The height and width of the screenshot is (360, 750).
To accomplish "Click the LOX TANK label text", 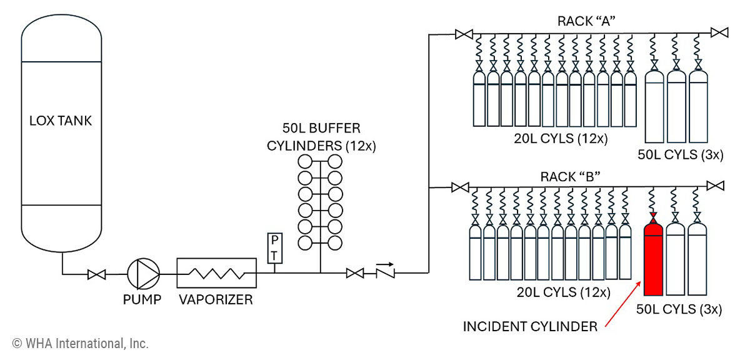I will pyautogui.click(x=61, y=121).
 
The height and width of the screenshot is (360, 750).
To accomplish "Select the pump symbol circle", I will pyautogui.click(x=143, y=273).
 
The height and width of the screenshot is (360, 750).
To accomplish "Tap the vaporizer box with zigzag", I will pyautogui.click(x=216, y=273).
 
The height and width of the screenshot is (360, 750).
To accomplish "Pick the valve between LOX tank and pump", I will pyautogui.click(x=97, y=274).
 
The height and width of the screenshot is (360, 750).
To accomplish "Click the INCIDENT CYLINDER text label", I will pyautogui.click(x=530, y=326).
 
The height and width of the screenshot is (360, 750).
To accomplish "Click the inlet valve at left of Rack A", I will pyautogui.click(x=464, y=34).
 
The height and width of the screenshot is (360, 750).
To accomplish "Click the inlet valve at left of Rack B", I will pyautogui.click(x=460, y=186).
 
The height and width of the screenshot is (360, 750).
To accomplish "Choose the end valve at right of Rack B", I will pyautogui.click(x=716, y=186).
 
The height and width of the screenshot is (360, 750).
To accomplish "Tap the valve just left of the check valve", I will pyautogui.click(x=355, y=273).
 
